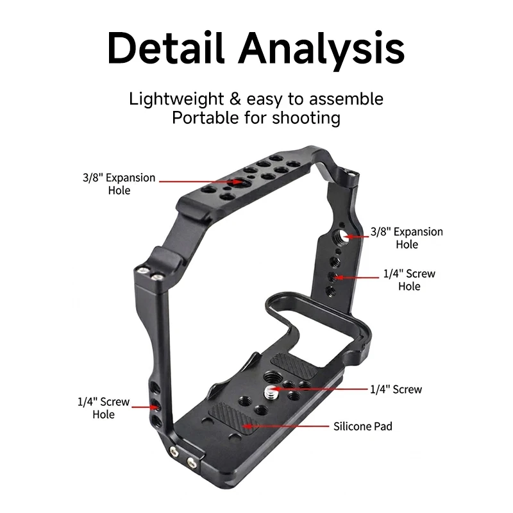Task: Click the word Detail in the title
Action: point(166,47)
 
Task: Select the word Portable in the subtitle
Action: point(205,117)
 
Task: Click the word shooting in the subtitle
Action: point(307,119)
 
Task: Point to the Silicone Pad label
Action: point(363,426)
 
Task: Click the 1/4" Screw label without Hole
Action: point(396,389)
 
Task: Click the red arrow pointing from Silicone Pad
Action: point(285,426)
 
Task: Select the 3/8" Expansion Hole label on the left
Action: point(119,184)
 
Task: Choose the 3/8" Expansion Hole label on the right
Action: point(407,238)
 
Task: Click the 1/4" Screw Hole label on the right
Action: point(409,280)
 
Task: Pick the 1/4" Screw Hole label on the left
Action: point(104,408)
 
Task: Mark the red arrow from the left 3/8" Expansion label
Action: point(201,181)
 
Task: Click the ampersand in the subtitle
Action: point(235,99)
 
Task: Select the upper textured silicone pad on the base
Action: point(294,366)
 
